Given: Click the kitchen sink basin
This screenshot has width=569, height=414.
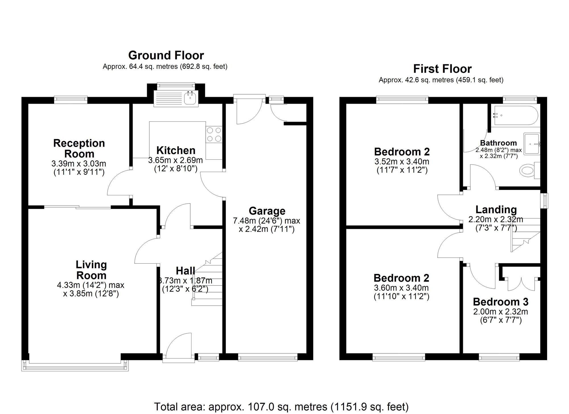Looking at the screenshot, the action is pos(190,98).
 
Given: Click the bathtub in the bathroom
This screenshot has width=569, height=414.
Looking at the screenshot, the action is pos(515,116).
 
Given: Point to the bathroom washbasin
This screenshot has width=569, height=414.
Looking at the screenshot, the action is pos(532,144).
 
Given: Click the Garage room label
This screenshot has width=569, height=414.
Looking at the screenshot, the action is pos(267,211).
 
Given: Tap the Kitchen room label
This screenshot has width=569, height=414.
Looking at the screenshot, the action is pos(176,150).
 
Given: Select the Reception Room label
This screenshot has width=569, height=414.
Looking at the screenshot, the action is pos(79,148).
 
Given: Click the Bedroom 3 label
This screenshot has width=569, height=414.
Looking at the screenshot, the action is pos(500,302).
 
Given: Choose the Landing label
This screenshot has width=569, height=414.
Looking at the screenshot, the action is pos(496,210).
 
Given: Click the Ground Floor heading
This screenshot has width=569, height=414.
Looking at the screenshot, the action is pos(166,55).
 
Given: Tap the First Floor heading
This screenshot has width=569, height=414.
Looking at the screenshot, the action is pos(442,69).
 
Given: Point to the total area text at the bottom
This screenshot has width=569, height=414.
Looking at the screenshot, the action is pos(281,407).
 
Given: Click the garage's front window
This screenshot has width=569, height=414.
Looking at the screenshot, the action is pos(268,357).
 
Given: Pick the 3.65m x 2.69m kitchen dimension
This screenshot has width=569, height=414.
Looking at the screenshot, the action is pos(176,160).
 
